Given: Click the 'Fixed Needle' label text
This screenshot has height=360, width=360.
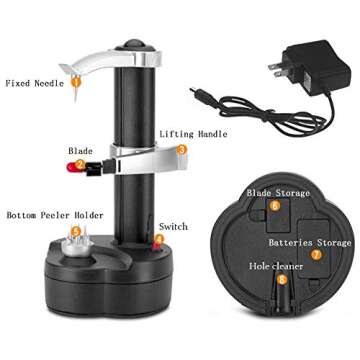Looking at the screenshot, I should click(x=35, y=83).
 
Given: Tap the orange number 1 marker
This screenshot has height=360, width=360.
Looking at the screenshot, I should click(x=75, y=83).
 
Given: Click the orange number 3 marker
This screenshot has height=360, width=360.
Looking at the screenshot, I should click(x=182, y=149).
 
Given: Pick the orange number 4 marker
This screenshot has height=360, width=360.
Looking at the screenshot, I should click(x=159, y=240).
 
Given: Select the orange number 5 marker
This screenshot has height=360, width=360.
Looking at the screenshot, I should click(x=73, y=232).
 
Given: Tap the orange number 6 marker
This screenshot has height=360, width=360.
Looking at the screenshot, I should click(x=274, y=206).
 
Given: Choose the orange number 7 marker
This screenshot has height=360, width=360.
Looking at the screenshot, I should click(x=316, y=255).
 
